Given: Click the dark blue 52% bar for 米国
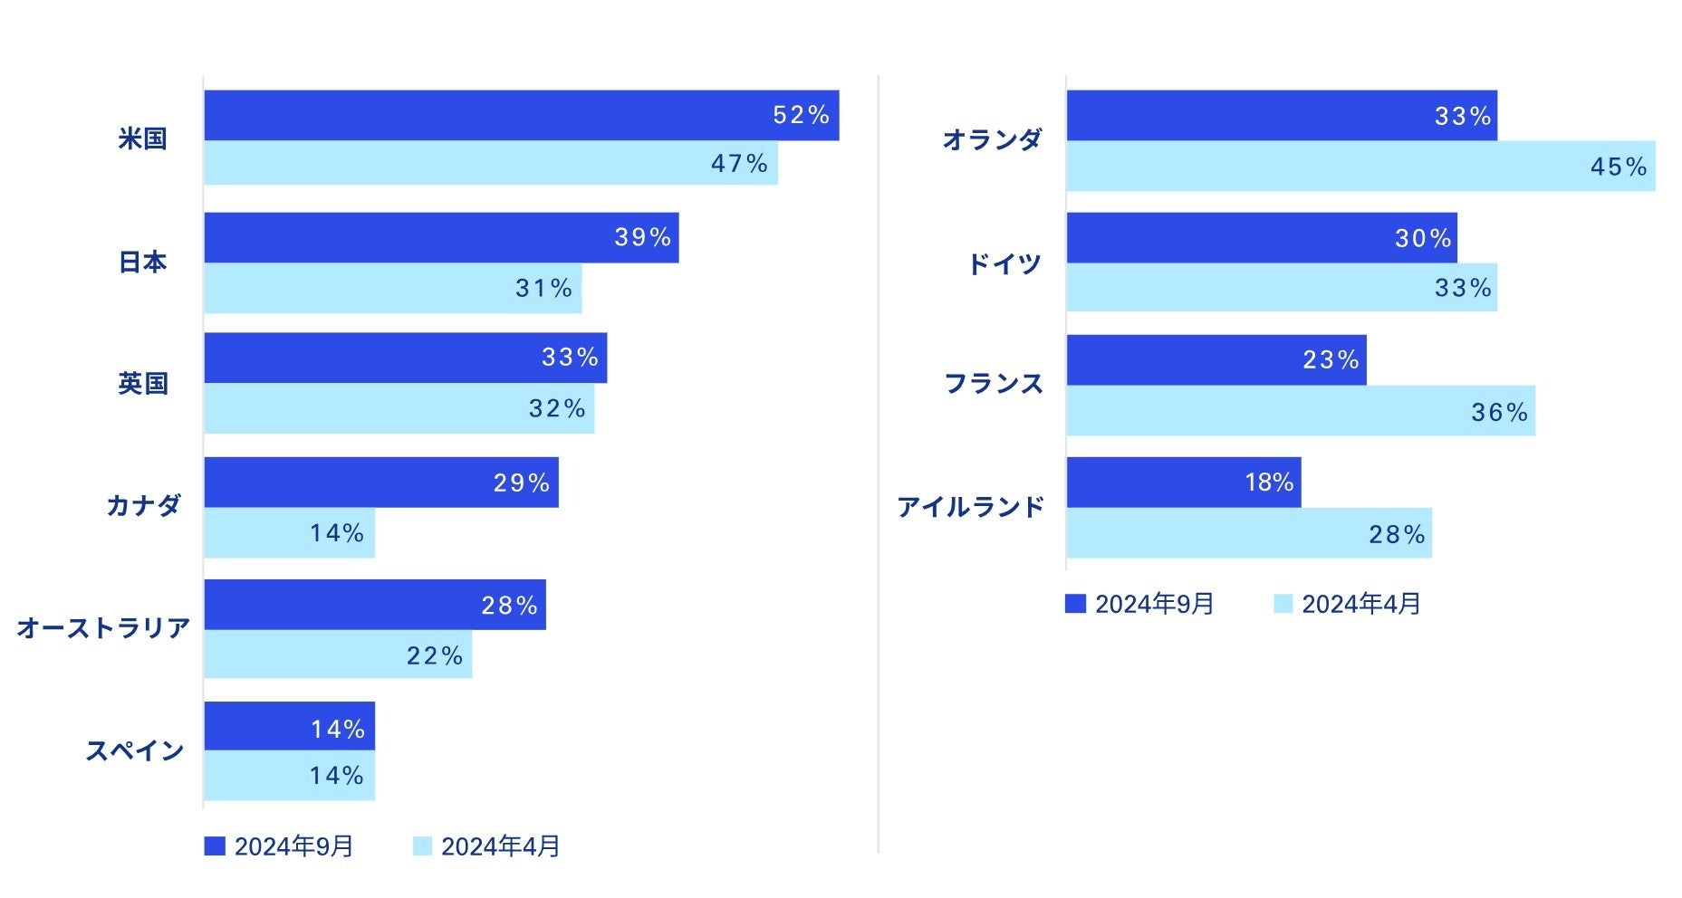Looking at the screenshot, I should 521,115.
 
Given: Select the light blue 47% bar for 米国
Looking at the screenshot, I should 490,163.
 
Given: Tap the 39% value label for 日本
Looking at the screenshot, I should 642,237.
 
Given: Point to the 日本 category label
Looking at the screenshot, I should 143,263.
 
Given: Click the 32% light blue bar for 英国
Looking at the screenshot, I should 399,408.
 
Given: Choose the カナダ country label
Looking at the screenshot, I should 144,505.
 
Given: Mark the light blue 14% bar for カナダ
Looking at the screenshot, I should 289,533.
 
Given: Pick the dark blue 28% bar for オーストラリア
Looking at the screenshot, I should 374,605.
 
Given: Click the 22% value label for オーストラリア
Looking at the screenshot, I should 435,654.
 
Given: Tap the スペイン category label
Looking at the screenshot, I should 135,750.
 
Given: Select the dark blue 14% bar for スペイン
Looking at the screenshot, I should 289,726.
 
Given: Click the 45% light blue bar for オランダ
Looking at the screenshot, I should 1360,167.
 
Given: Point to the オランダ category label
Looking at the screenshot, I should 993,139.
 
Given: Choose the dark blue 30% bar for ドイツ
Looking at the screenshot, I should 1261,238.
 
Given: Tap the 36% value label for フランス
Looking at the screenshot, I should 1499,413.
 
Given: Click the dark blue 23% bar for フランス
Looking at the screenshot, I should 1216,360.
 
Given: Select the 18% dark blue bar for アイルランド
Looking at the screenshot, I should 1183,482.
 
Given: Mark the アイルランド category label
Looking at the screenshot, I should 971,507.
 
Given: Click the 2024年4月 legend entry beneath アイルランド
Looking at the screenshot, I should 1348,604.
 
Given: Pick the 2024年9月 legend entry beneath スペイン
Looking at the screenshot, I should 279,846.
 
